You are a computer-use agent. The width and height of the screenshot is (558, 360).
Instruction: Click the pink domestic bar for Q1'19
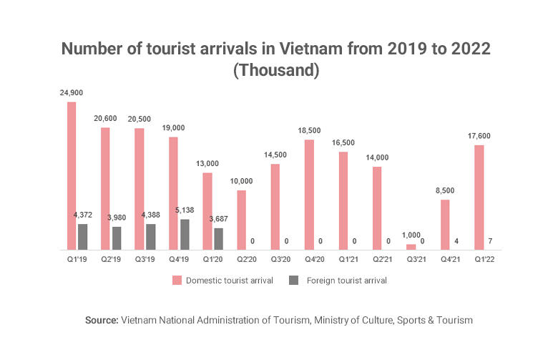(72, 175)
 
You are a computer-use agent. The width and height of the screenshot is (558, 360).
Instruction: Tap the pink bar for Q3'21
(411, 246)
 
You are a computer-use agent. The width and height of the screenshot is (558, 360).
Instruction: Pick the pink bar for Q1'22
(479, 197)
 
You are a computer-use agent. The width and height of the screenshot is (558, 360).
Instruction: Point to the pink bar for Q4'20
(309, 194)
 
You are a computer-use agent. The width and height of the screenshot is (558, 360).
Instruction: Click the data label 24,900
(72, 93)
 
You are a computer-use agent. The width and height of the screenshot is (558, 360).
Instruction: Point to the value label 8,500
(445, 190)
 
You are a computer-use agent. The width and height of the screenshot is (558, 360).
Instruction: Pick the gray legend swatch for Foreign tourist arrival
(294, 281)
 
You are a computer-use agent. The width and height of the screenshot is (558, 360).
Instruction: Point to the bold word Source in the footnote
(100, 320)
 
